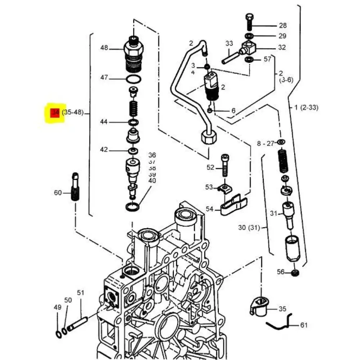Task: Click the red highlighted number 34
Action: click(x=55, y=113)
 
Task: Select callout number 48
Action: click(x=104, y=48)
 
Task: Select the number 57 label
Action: click(x=267, y=59)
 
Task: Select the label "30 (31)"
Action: click(x=248, y=228)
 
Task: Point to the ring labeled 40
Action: click(x=133, y=207)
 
